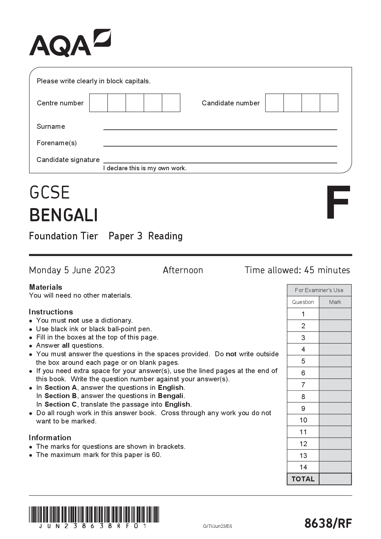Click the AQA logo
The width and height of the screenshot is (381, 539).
click(70, 43)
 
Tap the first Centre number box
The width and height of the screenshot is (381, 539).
click(98, 103)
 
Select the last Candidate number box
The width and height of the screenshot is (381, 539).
click(329, 103)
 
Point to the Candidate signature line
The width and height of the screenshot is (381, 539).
click(220, 161)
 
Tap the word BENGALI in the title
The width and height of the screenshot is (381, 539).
click(64, 215)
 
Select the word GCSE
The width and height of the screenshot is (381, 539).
click(50, 193)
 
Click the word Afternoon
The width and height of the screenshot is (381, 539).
click(183, 270)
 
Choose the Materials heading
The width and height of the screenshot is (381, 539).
click(45, 287)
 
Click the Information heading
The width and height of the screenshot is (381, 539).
click(50, 438)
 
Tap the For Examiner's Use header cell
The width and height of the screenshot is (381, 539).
click(319, 290)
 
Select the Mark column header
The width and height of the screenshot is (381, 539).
click(335, 302)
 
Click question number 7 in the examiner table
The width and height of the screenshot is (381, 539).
click(303, 385)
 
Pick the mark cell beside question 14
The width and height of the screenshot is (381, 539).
click(335, 467)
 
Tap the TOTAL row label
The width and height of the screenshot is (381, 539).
click(303, 479)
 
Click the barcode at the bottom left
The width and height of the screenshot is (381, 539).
click(94, 514)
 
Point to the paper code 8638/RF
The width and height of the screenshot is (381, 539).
click(328, 523)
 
